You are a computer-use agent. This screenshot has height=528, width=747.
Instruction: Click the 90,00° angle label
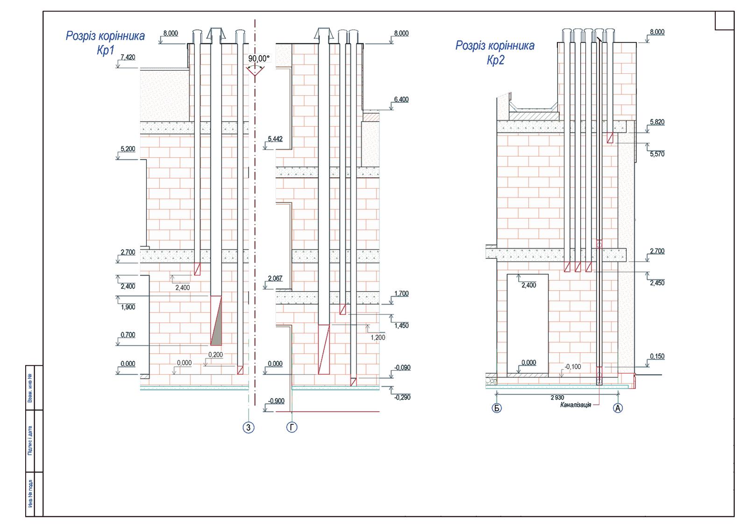tap(258, 59)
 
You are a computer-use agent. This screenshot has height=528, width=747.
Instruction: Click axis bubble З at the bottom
tap(249, 428)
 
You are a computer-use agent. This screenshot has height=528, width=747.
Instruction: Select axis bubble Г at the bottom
tap(292, 427)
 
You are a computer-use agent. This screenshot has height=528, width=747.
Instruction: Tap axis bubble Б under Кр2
tap(497, 408)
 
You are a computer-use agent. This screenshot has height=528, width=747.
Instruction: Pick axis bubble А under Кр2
tap(618, 408)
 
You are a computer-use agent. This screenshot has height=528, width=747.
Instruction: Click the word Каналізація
tap(576, 405)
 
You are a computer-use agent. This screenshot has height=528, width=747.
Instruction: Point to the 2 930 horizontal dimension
tap(557, 398)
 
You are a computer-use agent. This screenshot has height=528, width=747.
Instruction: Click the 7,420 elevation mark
tap(128, 57)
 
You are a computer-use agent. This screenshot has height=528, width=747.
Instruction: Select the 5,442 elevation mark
tap(275, 139)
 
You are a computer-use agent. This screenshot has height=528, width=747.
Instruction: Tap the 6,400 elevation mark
tap(401, 100)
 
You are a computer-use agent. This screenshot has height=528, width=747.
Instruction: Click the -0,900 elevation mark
tap(277, 401)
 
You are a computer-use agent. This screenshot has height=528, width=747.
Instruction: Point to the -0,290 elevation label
tap(402, 397)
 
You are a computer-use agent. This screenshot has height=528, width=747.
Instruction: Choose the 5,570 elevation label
tap(657, 154)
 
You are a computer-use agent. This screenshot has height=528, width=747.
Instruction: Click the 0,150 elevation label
tap(657, 356)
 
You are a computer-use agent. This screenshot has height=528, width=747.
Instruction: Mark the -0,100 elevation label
tap(573, 367)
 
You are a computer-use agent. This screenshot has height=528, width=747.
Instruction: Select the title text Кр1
tap(106, 50)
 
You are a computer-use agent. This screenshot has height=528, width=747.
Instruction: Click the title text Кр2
tap(496, 60)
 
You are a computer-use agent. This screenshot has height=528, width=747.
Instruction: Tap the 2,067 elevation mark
tap(275, 278)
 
